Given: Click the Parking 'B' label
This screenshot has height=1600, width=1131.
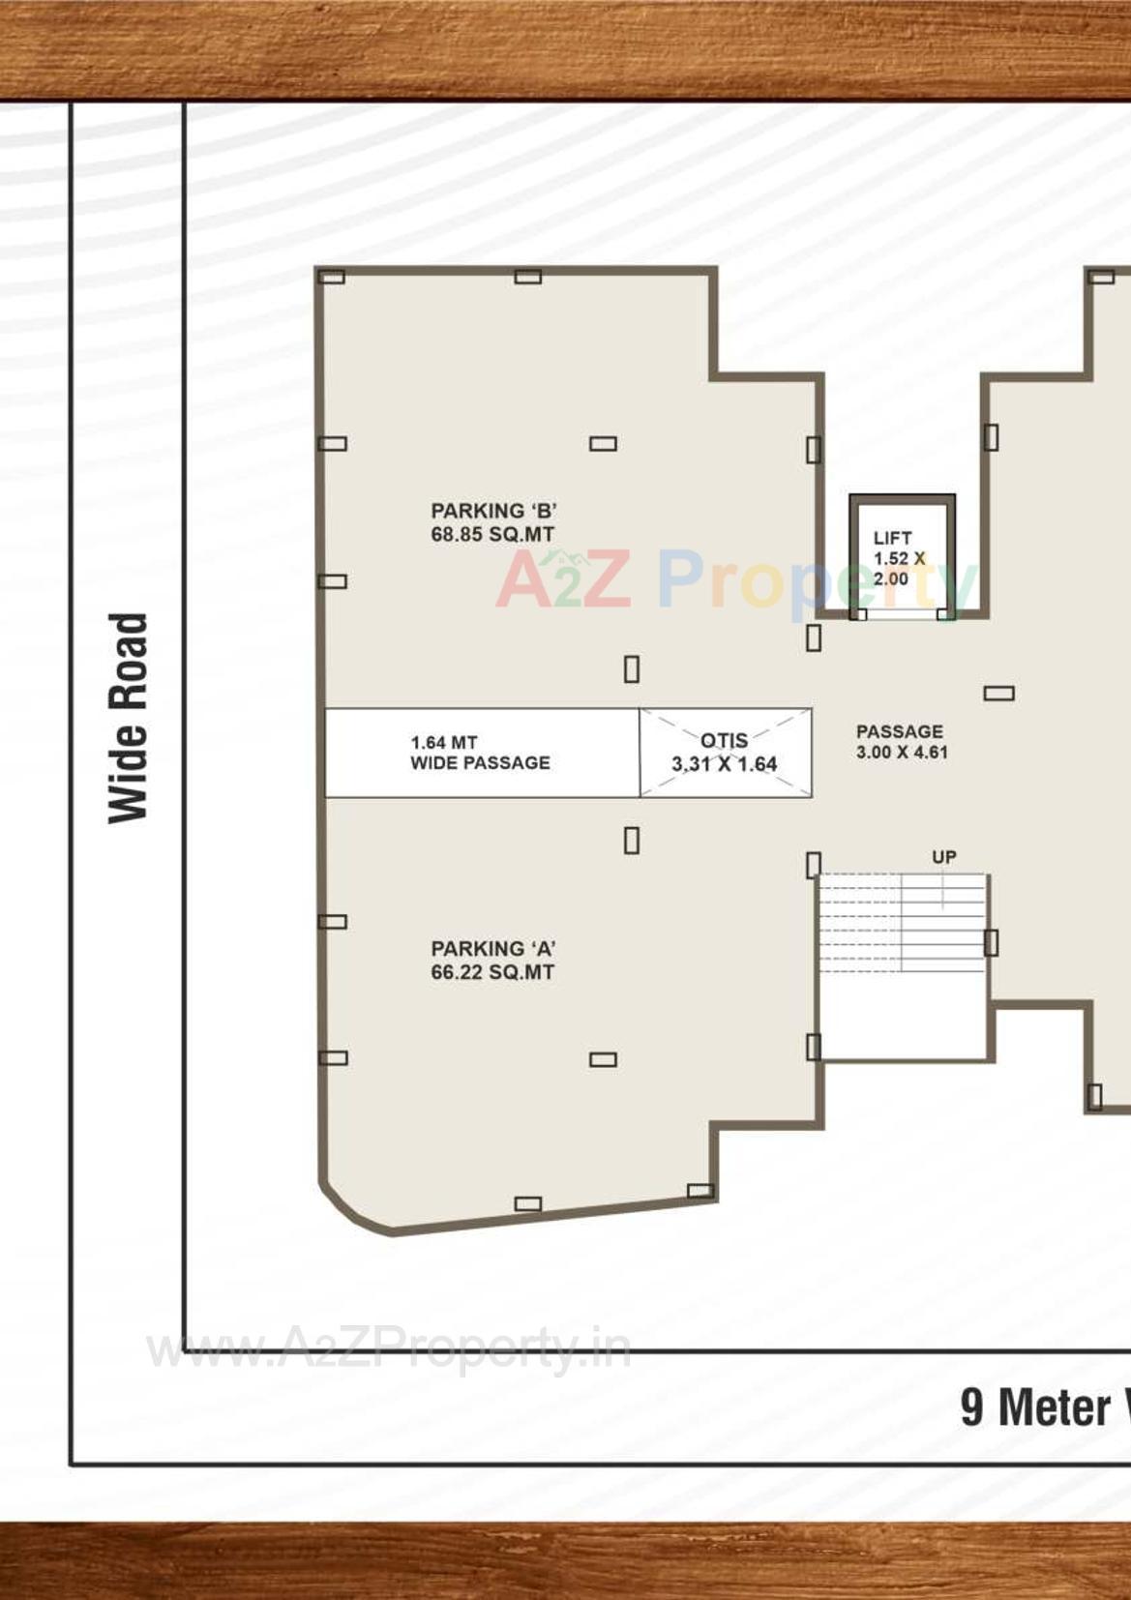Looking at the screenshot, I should (493, 511).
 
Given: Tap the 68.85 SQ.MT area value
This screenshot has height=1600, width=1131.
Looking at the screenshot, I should (492, 535).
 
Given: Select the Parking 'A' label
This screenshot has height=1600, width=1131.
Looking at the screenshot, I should (492, 949).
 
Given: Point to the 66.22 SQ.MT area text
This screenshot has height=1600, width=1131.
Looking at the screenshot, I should (492, 973).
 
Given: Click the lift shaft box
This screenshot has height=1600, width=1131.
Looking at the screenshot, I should (902, 556).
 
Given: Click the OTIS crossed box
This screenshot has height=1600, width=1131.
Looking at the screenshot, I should (726, 753).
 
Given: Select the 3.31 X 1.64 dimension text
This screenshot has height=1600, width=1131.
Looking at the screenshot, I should (725, 764).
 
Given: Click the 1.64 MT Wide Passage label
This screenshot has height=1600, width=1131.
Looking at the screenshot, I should (480, 753).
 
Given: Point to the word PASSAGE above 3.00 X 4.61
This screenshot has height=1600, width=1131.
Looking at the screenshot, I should (900, 732).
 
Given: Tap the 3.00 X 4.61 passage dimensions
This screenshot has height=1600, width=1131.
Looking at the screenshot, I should (902, 753).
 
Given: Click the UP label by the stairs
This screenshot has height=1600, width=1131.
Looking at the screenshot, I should (944, 857).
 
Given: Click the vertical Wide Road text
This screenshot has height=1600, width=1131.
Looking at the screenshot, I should (128, 718).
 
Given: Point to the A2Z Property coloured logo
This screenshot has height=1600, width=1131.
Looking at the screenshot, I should (735, 580).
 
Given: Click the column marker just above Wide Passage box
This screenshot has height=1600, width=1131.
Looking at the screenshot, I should (632, 669).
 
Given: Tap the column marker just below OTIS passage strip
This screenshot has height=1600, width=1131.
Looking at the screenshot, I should (632, 841).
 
